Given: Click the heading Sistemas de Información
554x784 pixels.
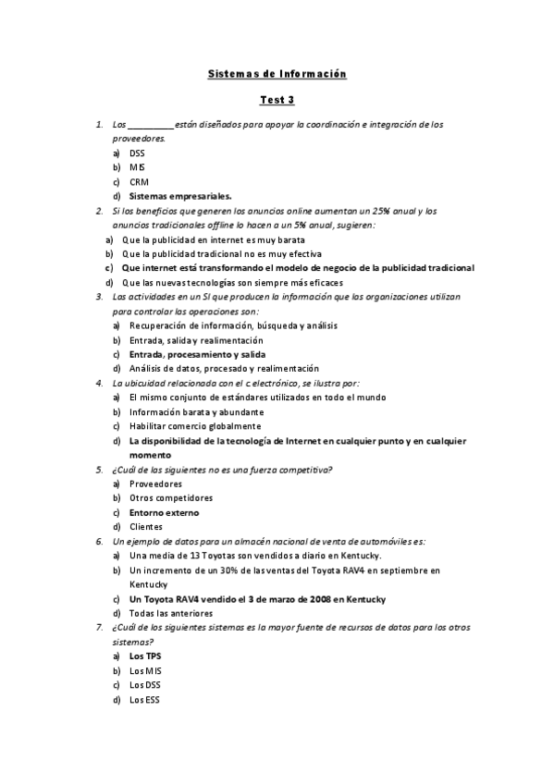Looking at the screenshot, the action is point(277,74).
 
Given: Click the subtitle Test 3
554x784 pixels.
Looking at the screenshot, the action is point(277,100).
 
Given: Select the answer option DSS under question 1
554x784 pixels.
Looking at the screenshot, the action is point(137,153).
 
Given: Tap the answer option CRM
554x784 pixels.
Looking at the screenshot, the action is point(139,182).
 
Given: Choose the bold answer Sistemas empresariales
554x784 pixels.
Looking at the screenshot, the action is point(180,196).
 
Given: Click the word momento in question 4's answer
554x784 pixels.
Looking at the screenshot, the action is point(150,455).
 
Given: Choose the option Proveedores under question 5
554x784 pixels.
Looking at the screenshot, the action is point(155,484).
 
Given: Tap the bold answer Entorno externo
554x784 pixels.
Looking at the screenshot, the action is point(164,512).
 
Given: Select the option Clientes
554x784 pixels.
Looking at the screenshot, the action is point(146,527).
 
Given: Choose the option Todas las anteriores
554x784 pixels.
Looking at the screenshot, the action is point(171,613).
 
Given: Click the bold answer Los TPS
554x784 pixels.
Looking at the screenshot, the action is point(145,656).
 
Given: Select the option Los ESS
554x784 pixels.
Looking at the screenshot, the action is point(144,699).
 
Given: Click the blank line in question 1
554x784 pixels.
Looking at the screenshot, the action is point(150,125).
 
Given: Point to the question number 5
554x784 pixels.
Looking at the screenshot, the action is point(99,470).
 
